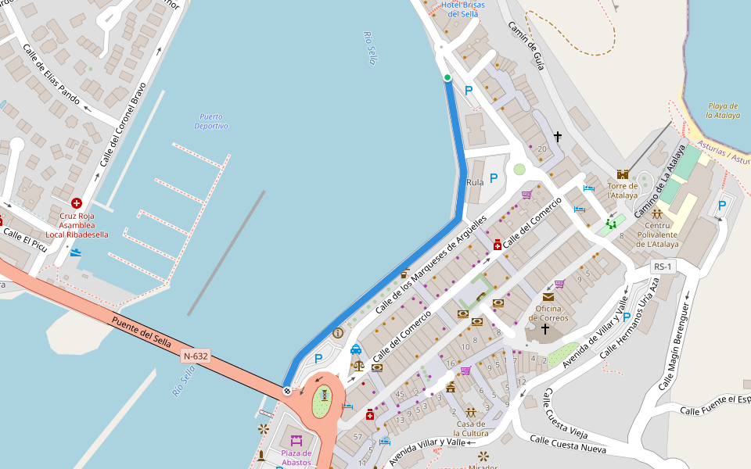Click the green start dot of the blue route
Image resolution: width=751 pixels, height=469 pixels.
click(447, 77)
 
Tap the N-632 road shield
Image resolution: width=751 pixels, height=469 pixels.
click(196, 356)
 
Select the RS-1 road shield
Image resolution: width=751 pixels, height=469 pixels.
click(663, 267)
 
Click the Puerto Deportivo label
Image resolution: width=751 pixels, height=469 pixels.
click(211, 121)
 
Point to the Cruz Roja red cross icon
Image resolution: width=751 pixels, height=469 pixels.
click(76, 203)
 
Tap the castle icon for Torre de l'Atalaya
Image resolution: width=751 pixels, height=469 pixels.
click(623, 174)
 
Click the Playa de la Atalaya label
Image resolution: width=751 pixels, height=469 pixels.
click(723, 110)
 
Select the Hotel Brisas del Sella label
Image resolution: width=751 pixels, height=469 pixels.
click(462, 10)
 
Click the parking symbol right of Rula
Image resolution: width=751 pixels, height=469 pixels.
click(494, 178)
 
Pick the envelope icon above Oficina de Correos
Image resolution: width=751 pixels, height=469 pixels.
click(548, 297)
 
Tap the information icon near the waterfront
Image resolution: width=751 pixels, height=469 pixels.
click(338, 332)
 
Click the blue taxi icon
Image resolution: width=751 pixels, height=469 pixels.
click(356, 349)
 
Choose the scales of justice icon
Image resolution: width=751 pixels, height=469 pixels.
click(358, 365)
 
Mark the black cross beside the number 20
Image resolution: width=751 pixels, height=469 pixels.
click(558, 137)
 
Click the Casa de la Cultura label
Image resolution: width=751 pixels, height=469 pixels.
click(473, 428)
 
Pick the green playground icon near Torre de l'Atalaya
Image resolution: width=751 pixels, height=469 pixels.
click(610, 225)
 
